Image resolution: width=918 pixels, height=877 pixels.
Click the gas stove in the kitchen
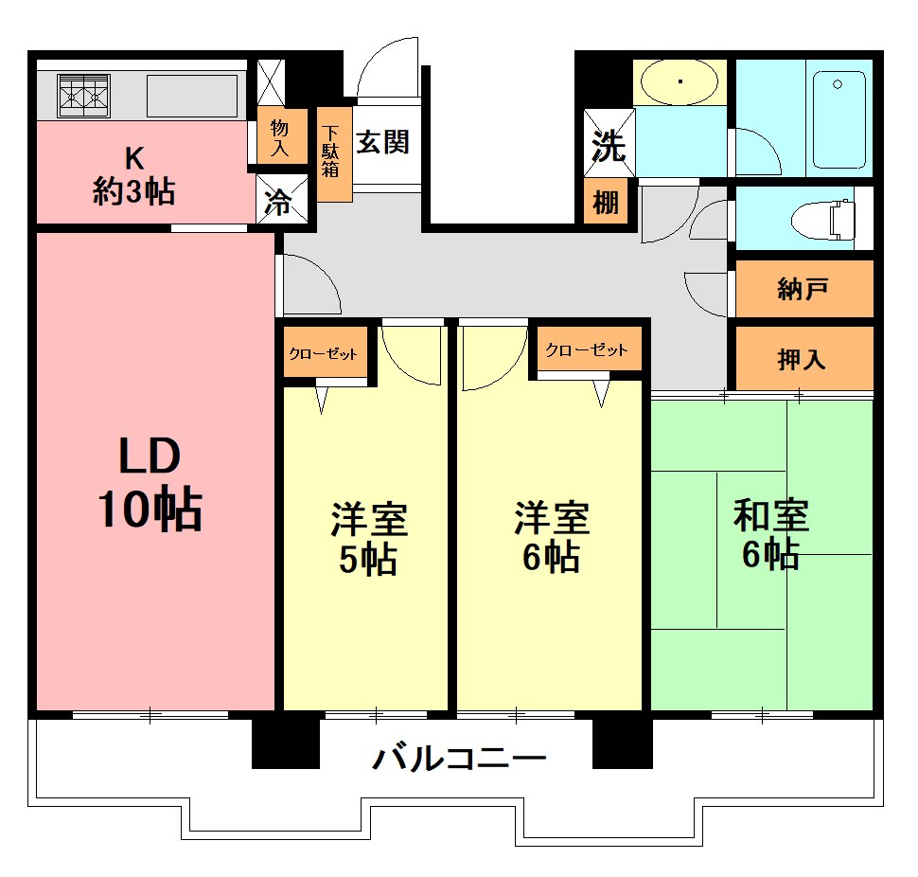[x=85, y=96]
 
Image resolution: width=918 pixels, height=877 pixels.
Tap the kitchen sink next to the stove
[x=192, y=96]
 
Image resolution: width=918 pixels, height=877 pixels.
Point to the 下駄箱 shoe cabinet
[x=331, y=152]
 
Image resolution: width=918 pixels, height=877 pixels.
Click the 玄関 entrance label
[x=383, y=143]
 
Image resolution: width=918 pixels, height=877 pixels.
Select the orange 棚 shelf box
[x=606, y=202]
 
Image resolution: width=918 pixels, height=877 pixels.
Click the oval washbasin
[x=680, y=82]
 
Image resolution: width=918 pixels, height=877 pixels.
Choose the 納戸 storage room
[x=803, y=289]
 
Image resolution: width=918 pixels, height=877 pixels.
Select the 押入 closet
[x=803, y=358]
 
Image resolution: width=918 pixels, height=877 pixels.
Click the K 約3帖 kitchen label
[x=133, y=175]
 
